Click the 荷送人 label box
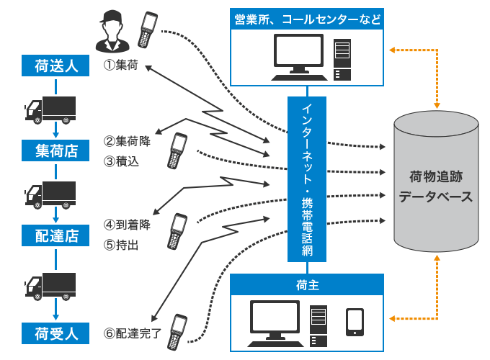[56, 67]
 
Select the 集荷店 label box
[56, 150]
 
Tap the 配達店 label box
[56, 235]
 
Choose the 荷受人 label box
[56, 333]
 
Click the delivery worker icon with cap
[112, 32]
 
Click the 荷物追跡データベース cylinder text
[435, 186]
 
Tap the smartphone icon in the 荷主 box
[355, 322]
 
